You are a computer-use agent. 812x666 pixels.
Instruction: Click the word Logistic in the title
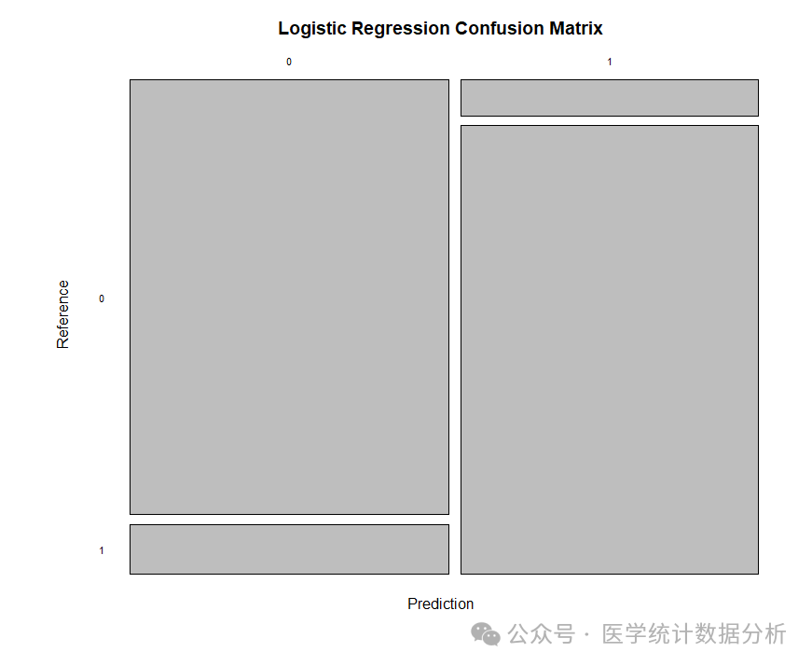pyautogui.click(x=312, y=29)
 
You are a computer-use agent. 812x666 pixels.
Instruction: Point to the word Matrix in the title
pyautogui.click(x=575, y=29)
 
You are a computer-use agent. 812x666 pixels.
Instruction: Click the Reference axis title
pyautogui.click(x=63, y=314)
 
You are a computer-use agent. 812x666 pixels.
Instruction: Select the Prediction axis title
pyautogui.click(x=440, y=604)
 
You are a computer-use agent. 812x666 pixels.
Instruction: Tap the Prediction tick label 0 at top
pyautogui.click(x=289, y=62)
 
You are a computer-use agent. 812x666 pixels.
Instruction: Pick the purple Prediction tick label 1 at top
pyautogui.click(x=610, y=62)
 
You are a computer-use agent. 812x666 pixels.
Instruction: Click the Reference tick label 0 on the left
pyautogui.click(x=102, y=298)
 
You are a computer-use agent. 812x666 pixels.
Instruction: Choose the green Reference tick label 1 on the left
pyautogui.click(x=102, y=550)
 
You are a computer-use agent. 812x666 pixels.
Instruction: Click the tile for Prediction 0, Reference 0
pyautogui.click(x=289, y=297)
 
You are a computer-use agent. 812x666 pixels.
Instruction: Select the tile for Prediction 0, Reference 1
pyautogui.click(x=289, y=549)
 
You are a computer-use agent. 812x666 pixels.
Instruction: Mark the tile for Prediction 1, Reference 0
pyautogui.click(x=609, y=98)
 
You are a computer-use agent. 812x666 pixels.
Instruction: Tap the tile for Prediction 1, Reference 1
pyautogui.click(x=609, y=350)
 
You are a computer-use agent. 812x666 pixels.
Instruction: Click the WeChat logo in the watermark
pyautogui.click(x=485, y=634)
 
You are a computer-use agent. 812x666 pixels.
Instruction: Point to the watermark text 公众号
pyautogui.click(x=541, y=634)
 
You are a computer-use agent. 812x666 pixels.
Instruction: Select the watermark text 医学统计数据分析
pyautogui.click(x=695, y=634)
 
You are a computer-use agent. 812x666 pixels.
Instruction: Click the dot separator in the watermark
pyautogui.click(x=586, y=635)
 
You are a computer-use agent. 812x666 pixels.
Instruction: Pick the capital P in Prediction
pyautogui.click(x=412, y=604)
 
